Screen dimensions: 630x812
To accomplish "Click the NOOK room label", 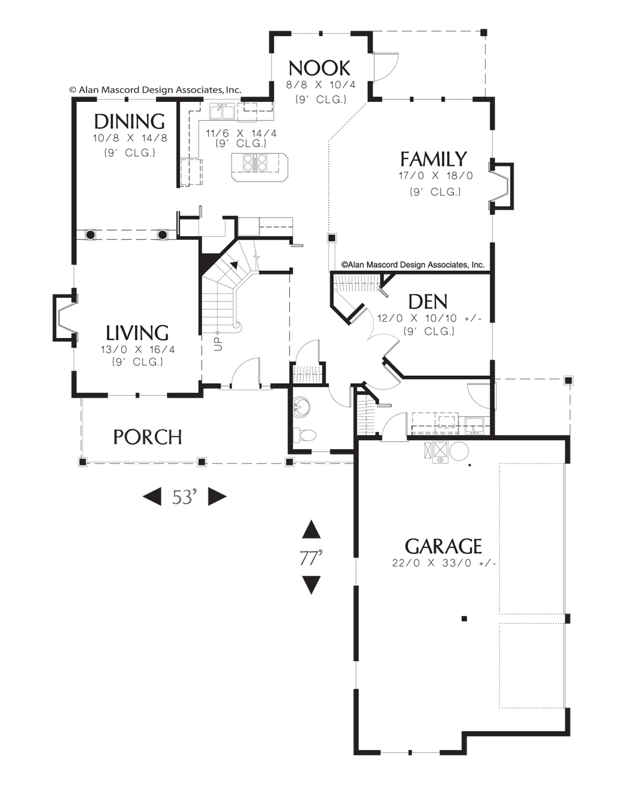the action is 319,68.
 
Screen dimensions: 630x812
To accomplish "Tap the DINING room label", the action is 129,121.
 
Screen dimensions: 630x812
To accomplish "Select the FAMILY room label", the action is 434,159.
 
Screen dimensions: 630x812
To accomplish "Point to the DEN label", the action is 428,302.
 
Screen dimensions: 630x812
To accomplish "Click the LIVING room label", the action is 137,333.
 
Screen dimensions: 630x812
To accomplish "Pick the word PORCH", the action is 147,437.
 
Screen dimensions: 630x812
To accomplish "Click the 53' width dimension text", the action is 185,497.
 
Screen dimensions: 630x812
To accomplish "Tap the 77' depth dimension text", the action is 311,557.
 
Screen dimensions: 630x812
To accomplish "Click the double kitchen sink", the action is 222,111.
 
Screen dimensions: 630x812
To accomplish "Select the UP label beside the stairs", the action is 218,344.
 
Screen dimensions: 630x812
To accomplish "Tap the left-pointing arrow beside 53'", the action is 152,497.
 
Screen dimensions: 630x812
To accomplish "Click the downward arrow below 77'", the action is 311,585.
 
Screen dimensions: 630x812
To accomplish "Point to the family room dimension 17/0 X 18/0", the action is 436,176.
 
